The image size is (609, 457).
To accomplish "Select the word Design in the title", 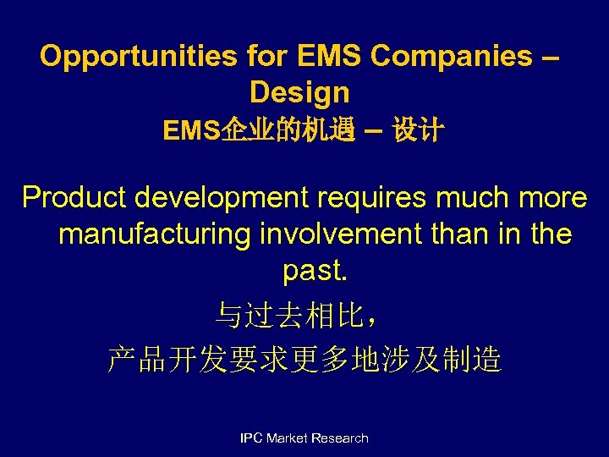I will [x=299, y=91].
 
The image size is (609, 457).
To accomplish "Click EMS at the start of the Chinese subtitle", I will [x=191, y=131].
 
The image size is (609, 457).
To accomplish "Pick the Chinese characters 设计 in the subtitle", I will [x=418, y=131].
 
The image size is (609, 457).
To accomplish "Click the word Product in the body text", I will [x=74, y=197].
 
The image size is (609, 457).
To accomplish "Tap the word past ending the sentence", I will [x=310, y=271].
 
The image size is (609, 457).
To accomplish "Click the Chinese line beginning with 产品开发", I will [x=304, y=361].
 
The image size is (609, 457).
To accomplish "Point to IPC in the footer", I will [x=251, y=438].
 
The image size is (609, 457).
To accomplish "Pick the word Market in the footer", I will [x=287, y=438].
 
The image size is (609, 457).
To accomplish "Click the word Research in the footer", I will [x=340, y=438].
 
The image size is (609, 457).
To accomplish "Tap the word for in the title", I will [x=268, y=56].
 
